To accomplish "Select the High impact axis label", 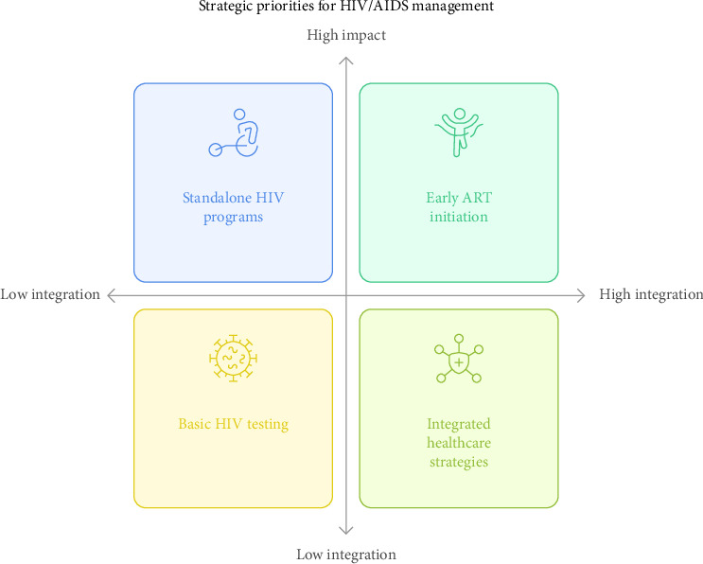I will point(346,35).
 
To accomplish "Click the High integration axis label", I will point(651,294).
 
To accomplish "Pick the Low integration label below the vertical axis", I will point(346,555).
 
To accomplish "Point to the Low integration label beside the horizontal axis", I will point(50,294).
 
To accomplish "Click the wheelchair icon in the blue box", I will point(233,133).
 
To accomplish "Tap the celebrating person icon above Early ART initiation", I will point(459,132).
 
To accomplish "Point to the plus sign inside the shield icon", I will point(459,362).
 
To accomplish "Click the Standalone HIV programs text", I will point(233,207).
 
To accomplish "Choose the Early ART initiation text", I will point(459,207).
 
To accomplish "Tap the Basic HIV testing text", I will point(233,424).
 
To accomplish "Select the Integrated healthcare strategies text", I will point(459,443).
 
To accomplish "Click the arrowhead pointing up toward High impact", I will point(346,60).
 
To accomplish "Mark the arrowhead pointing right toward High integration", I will point(583,295).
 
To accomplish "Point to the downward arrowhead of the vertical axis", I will point(346,531).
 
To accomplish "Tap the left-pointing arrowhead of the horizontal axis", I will point(110,295).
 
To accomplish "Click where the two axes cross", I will point(346,295).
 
